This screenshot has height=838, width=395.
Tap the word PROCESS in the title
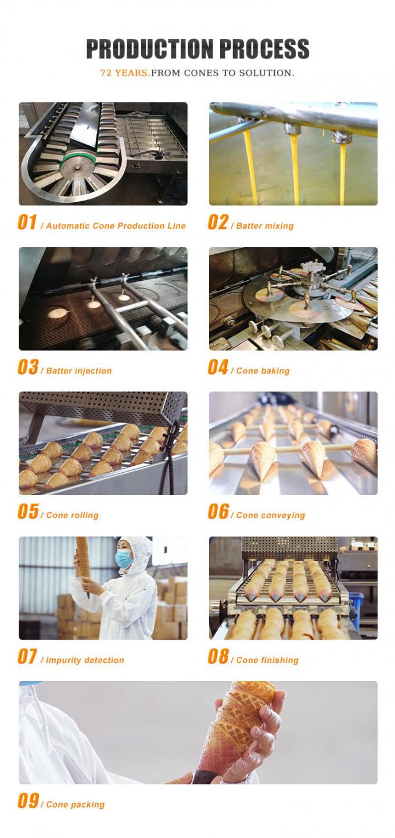click(265, 49)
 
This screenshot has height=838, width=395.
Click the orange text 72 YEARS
click(125, 73)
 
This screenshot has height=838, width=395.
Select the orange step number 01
click(27, 223)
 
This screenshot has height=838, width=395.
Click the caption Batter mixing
click(264, 226)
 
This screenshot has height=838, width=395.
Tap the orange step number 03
click(27, 368)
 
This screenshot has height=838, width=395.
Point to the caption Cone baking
click(263, 370)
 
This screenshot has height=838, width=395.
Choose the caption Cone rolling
click(72, 515)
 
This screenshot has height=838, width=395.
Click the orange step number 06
click(218, 512)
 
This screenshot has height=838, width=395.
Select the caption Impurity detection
click(85, 660)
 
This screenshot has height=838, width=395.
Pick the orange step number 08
click(218, 657)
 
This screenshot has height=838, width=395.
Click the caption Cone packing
click(75, 805)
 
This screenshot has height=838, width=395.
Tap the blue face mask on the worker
click(124, 559)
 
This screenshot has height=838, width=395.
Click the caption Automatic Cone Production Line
click(116, 226)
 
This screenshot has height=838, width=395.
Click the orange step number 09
click(27, 801)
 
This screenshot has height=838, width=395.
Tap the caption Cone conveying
click(270, 515)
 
